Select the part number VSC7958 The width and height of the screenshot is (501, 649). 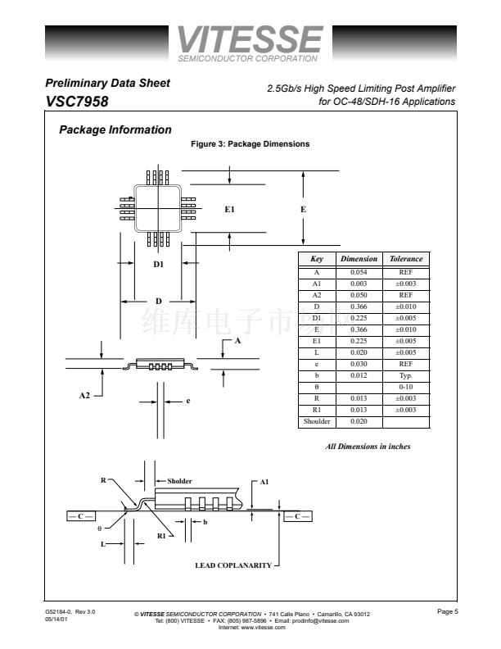(x=77, y=102)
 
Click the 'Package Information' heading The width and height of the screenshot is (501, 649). (x=115, y=129)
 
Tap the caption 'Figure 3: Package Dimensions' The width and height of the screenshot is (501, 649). (x=250, y=144)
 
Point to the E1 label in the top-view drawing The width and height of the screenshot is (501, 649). (x=230, y=210)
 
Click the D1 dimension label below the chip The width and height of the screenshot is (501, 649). (x=159, y=264)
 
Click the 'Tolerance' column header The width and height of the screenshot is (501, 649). (x=406, y=259)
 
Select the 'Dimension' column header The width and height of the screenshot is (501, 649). (x=359, y=259)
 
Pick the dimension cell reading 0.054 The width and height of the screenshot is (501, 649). (x=358, y=271)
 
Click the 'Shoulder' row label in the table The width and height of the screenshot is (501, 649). (x=317, y=421)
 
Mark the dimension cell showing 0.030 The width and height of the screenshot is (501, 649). (x=358, y=363)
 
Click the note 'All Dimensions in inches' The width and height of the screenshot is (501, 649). (x=368, y=447)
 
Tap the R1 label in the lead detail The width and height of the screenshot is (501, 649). (x=161, y=535)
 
